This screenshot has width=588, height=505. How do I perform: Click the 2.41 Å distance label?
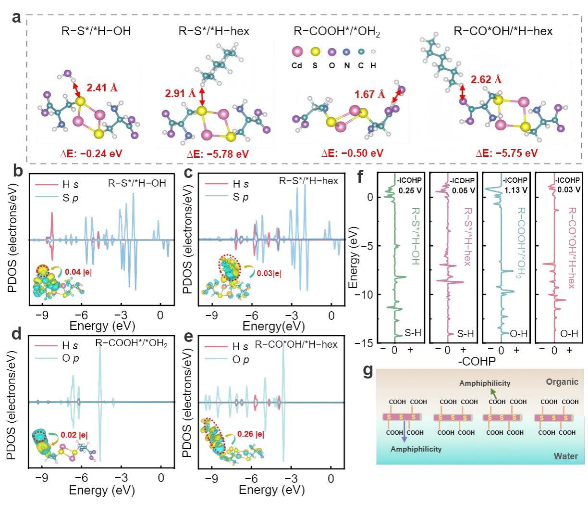pyautogui.click(x=102, y=88)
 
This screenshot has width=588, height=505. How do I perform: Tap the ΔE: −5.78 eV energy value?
pyautogui.click(x=218, y=154)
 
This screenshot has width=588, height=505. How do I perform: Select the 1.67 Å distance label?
pyautogui.click(x=370, y=94)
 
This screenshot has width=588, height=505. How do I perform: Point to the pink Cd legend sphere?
pyautogui.click(x=297, y=51)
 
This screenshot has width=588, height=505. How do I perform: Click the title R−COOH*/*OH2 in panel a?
pyautogui.click(x=337, y=32)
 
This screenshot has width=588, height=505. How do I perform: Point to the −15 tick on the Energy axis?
pyautogui.click(x=366, y=343)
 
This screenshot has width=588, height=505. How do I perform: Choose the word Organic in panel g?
pyautogui.click(x=562, y=382)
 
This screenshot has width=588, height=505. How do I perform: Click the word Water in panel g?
pyautogui.click(x=565, y=456)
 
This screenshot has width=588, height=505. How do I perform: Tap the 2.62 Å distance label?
pyautogui.click(x=486, y=80)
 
